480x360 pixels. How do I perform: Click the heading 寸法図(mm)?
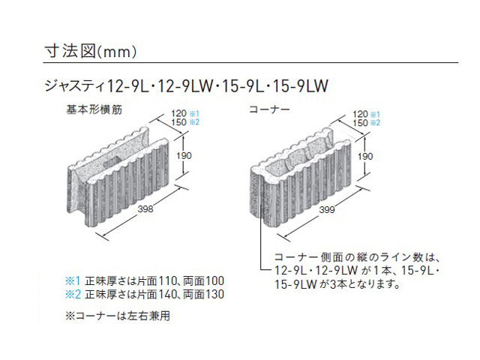90,51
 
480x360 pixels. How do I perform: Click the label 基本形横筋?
94,109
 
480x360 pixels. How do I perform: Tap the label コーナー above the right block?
269,109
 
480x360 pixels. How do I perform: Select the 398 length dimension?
145,208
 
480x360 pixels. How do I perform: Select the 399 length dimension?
327,210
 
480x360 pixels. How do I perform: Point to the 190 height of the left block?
184,155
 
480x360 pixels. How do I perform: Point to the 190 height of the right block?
365,157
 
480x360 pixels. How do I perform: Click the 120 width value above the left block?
179,113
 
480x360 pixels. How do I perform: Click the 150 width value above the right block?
360,123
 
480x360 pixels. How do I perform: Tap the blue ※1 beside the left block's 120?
194,114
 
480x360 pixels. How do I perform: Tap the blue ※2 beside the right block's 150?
375,123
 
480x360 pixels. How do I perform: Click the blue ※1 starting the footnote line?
73,280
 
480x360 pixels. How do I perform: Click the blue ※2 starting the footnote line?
73,294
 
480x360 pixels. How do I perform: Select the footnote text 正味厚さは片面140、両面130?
154,294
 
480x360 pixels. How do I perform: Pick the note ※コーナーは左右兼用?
118,316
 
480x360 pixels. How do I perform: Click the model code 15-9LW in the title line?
300,85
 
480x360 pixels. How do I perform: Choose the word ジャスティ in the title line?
74,85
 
